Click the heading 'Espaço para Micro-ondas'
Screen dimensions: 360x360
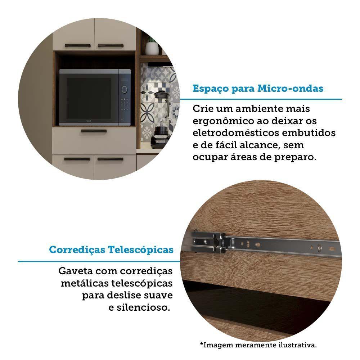tap(258, 89)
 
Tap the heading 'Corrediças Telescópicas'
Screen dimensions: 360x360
tap(111, 249)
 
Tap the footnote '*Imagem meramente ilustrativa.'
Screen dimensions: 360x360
tap(258, 345)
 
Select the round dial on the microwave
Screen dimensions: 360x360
tap(125, 89)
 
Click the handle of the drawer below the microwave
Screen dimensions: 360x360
tap(94, 131)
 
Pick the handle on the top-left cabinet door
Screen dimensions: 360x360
tap(77, 46)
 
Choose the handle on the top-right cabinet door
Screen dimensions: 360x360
tap(111, 46)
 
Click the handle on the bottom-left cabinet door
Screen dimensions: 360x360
tap(77, 159)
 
